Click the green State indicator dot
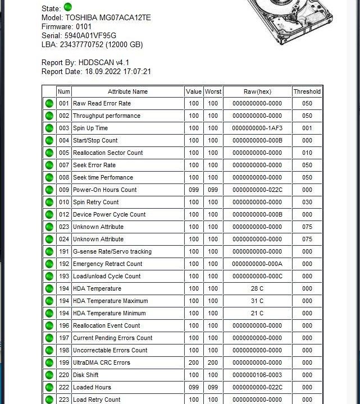tap(68, 8)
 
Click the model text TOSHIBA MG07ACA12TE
tap(108, 17)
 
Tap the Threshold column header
tap(307, 91)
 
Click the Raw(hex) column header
tap(257, 91)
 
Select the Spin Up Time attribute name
tap(90, 128)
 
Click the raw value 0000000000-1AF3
tap(257, 128)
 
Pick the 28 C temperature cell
tap(257, 288)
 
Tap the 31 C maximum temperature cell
tap(257, 301)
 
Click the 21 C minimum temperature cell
tap(257, 313)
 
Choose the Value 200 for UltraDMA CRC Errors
tap(194, 362)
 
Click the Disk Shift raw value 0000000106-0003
tap(257, 375)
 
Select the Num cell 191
tap(64, 251)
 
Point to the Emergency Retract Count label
tap(108, 264)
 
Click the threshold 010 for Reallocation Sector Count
tap(307, 153)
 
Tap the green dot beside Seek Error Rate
tap(49, 165)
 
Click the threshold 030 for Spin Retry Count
tap(307, 202)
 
